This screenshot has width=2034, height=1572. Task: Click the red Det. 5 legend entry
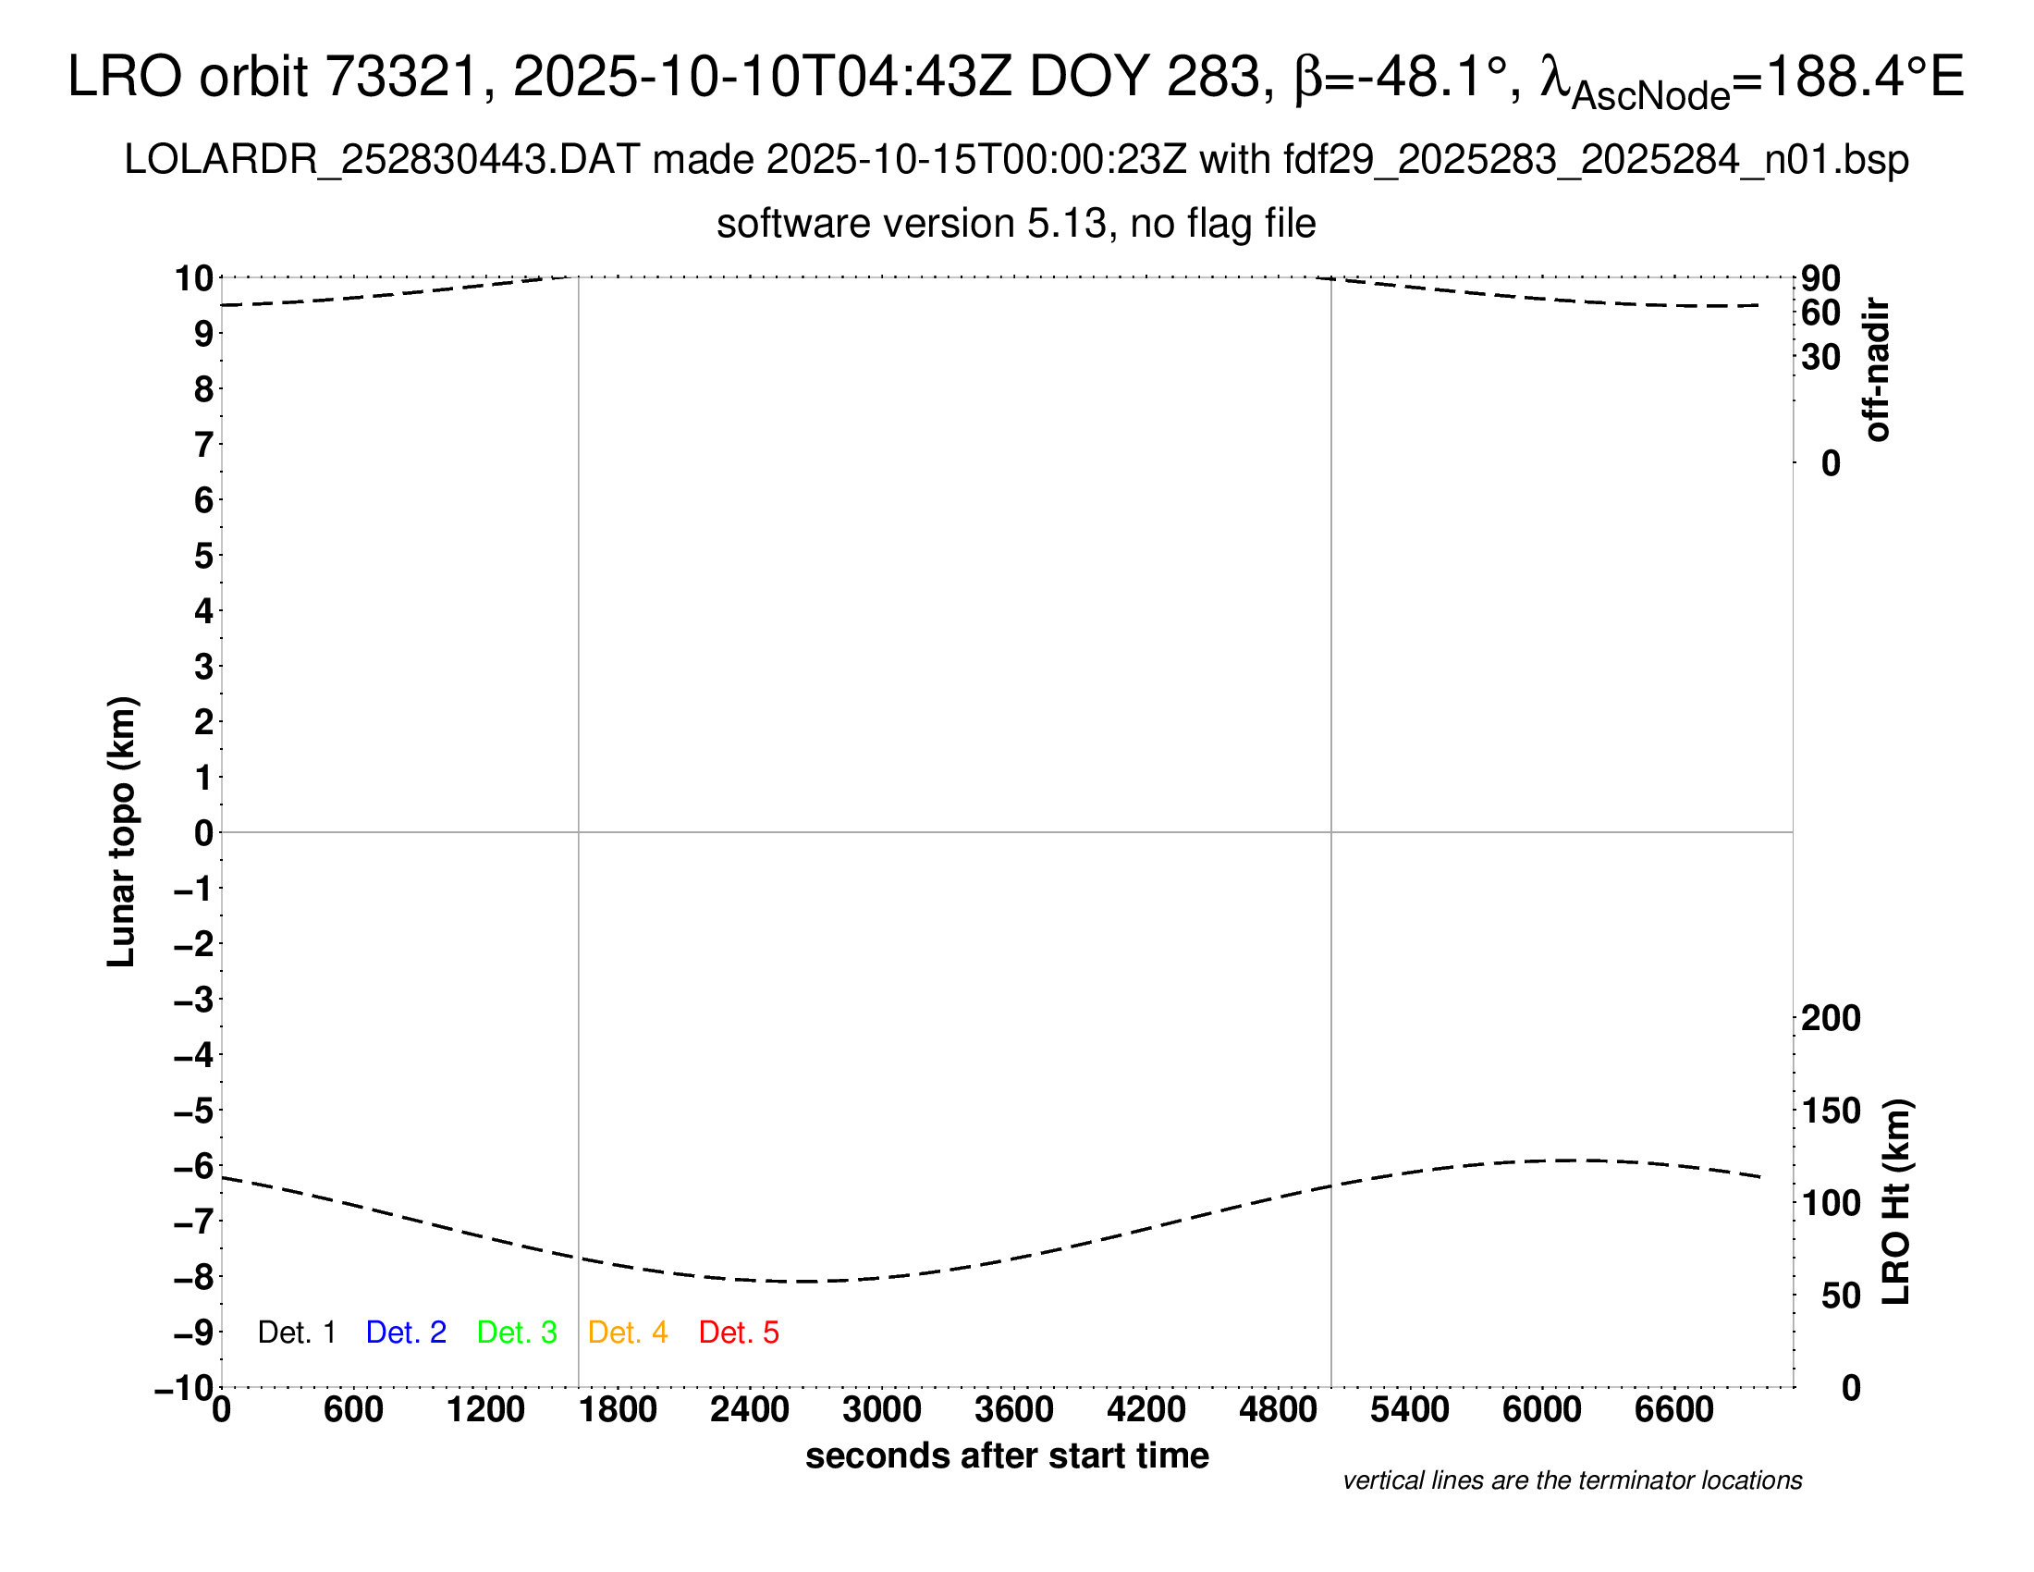[x=739, y=1333]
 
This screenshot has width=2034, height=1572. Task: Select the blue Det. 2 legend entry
[x=406, y=1333]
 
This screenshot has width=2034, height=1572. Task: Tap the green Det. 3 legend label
[x=517, y=1333]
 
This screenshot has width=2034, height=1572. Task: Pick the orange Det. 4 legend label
[x=628, y=1333]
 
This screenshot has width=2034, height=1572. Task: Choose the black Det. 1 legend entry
[x=296, y=1333]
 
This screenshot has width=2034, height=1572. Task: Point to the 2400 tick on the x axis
[x=750, y=1410]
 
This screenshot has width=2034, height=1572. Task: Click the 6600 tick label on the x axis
[x=1673, y=1410]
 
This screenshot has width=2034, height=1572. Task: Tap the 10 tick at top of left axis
[x=194, y=277]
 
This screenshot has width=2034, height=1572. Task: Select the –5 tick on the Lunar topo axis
[x=194, y=1111]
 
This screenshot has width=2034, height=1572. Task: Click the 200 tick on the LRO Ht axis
[x=1830, y=1018]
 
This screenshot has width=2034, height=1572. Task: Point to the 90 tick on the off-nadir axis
[x=1820, y=277]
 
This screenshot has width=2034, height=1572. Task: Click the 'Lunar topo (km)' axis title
[x=122, y=831]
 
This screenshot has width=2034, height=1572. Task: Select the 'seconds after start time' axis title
[x=1007, y=1455]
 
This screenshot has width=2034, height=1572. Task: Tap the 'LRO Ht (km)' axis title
[x=1896, y=1202]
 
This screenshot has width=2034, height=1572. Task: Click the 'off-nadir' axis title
[x=1878, y=370]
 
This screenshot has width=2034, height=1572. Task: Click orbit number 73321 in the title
[x=401, y=77]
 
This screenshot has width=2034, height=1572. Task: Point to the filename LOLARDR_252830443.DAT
[x=382, y=160]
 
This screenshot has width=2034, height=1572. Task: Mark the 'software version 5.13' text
[x=912, y=224]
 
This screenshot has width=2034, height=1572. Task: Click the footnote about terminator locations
[x=1572, y=1480]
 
